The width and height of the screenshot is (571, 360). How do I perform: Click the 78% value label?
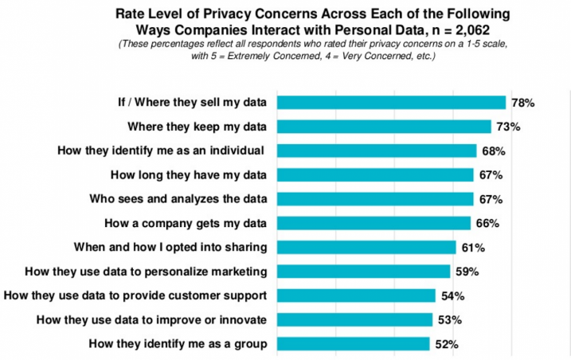[522, 103]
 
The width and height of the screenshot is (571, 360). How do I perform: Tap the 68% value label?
[493, 151]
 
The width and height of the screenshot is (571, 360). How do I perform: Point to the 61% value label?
[472, 248]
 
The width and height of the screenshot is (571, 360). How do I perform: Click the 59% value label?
[467, 272]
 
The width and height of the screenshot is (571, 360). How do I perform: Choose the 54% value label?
[452, 296]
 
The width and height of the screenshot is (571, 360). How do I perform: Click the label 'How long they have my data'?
[199, 174]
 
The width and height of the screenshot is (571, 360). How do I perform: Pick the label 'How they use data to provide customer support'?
[135, 295]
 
